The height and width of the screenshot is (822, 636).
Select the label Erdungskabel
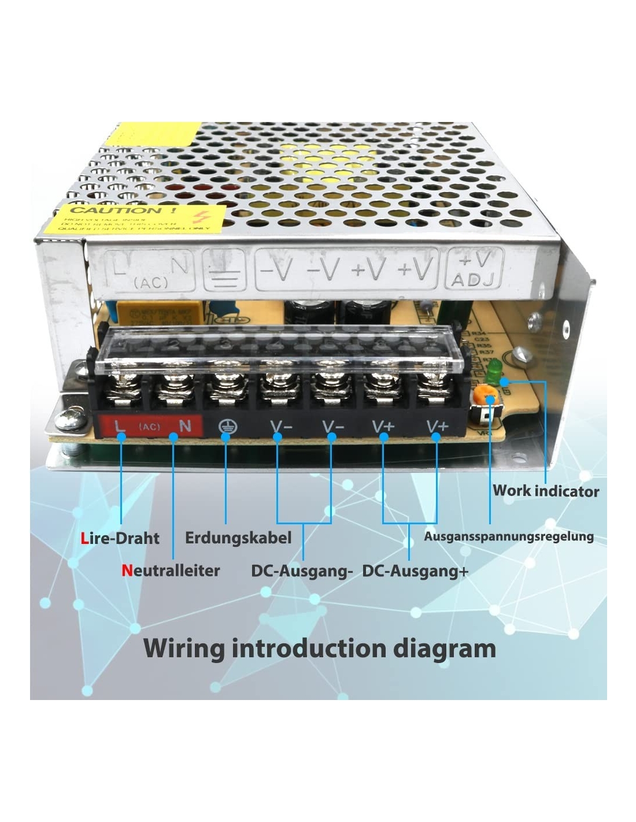click(x=238, y=538)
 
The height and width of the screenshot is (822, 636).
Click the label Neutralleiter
click(x=171, y=571)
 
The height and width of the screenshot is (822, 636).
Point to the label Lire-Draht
click(x=120, y=538)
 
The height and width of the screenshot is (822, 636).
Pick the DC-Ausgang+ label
click(x=415, y=571)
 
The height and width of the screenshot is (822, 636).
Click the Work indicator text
click(x=545, y=491)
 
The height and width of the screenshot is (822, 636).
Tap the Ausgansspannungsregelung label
click(x=508, y=536)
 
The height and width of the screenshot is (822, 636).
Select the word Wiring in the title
click(x=184, y=648)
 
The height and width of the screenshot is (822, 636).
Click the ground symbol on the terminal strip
click(x=226, y=427)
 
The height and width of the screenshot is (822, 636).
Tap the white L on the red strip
click(x=120, y=426)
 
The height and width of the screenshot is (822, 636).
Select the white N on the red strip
click(x=185, y=426)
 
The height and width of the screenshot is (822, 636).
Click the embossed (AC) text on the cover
click(x=151, y=283)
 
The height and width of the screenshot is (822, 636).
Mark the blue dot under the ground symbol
click(x=226, y=438)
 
